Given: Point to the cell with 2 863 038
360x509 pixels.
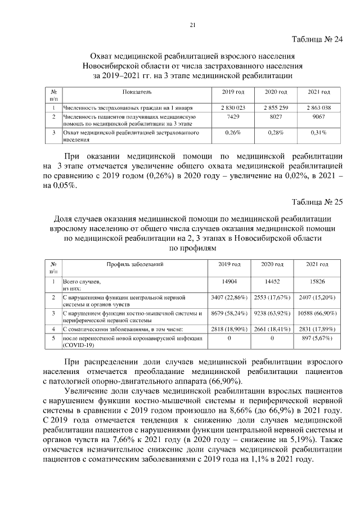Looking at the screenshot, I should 318,107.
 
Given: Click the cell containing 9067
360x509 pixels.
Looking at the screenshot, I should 318,116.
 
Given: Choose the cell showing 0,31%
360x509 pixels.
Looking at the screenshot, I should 318,133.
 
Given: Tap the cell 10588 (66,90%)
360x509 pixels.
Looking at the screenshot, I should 318,313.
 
